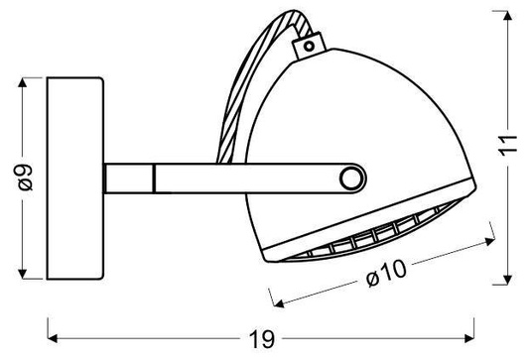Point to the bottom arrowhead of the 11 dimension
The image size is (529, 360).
point(508,275)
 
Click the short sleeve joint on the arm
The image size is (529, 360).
point(133,179)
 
